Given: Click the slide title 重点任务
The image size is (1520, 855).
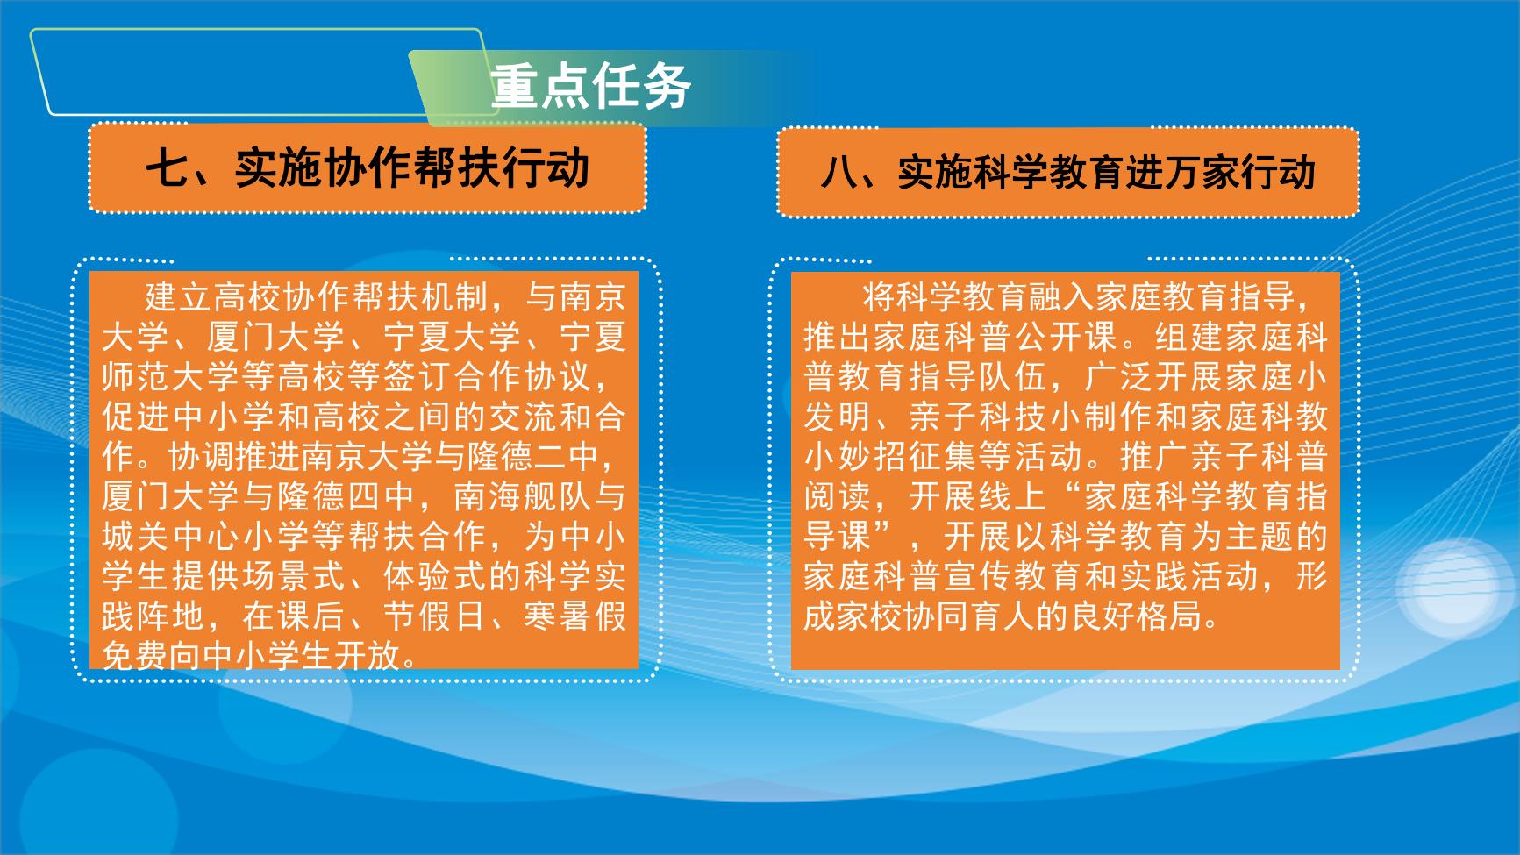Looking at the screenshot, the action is [x=591, y=87].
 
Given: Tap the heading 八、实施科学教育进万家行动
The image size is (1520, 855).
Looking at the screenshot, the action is [x=1068, y=172].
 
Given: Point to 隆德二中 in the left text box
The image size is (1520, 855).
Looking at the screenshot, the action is [x=523, y=457].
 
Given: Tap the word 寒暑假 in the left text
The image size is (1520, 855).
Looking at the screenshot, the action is [x=575, y=616].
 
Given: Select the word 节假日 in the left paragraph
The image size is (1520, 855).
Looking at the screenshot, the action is [x=435, y=616].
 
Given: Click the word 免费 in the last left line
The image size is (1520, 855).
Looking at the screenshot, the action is [x=136, y=656].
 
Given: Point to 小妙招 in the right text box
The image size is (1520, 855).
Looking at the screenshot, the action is [x=856, y=457].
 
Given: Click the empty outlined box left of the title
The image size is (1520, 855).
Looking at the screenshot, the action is [x=44, y=70].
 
